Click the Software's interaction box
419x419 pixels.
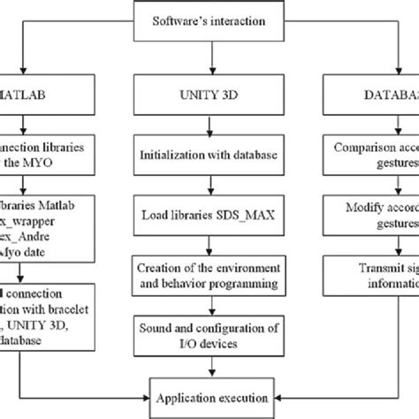[209, 19]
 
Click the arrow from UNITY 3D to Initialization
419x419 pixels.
[209, 124]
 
